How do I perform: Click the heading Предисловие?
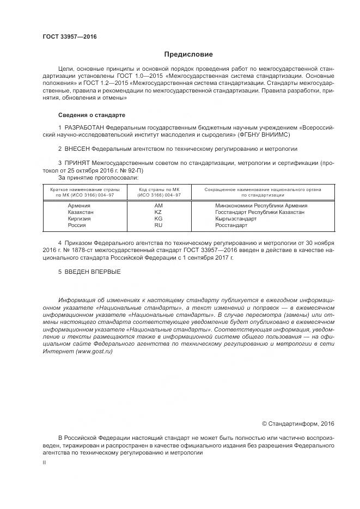[x=189, y=54]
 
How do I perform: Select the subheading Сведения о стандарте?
[x=91, y=115]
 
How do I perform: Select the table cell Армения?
[x=79, y=206]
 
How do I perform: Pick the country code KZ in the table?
[x=158, y=212]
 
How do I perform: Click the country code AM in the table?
[x=158, y=206]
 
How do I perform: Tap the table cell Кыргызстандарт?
[x=235, y=219]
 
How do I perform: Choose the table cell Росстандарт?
[x=231, y=225]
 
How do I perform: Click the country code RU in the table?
[x=158, y=225]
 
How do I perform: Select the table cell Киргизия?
[x=80, y=219]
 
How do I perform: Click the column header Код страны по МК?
[x=158, y=188]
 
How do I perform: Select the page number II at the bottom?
[x=45, y=462]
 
